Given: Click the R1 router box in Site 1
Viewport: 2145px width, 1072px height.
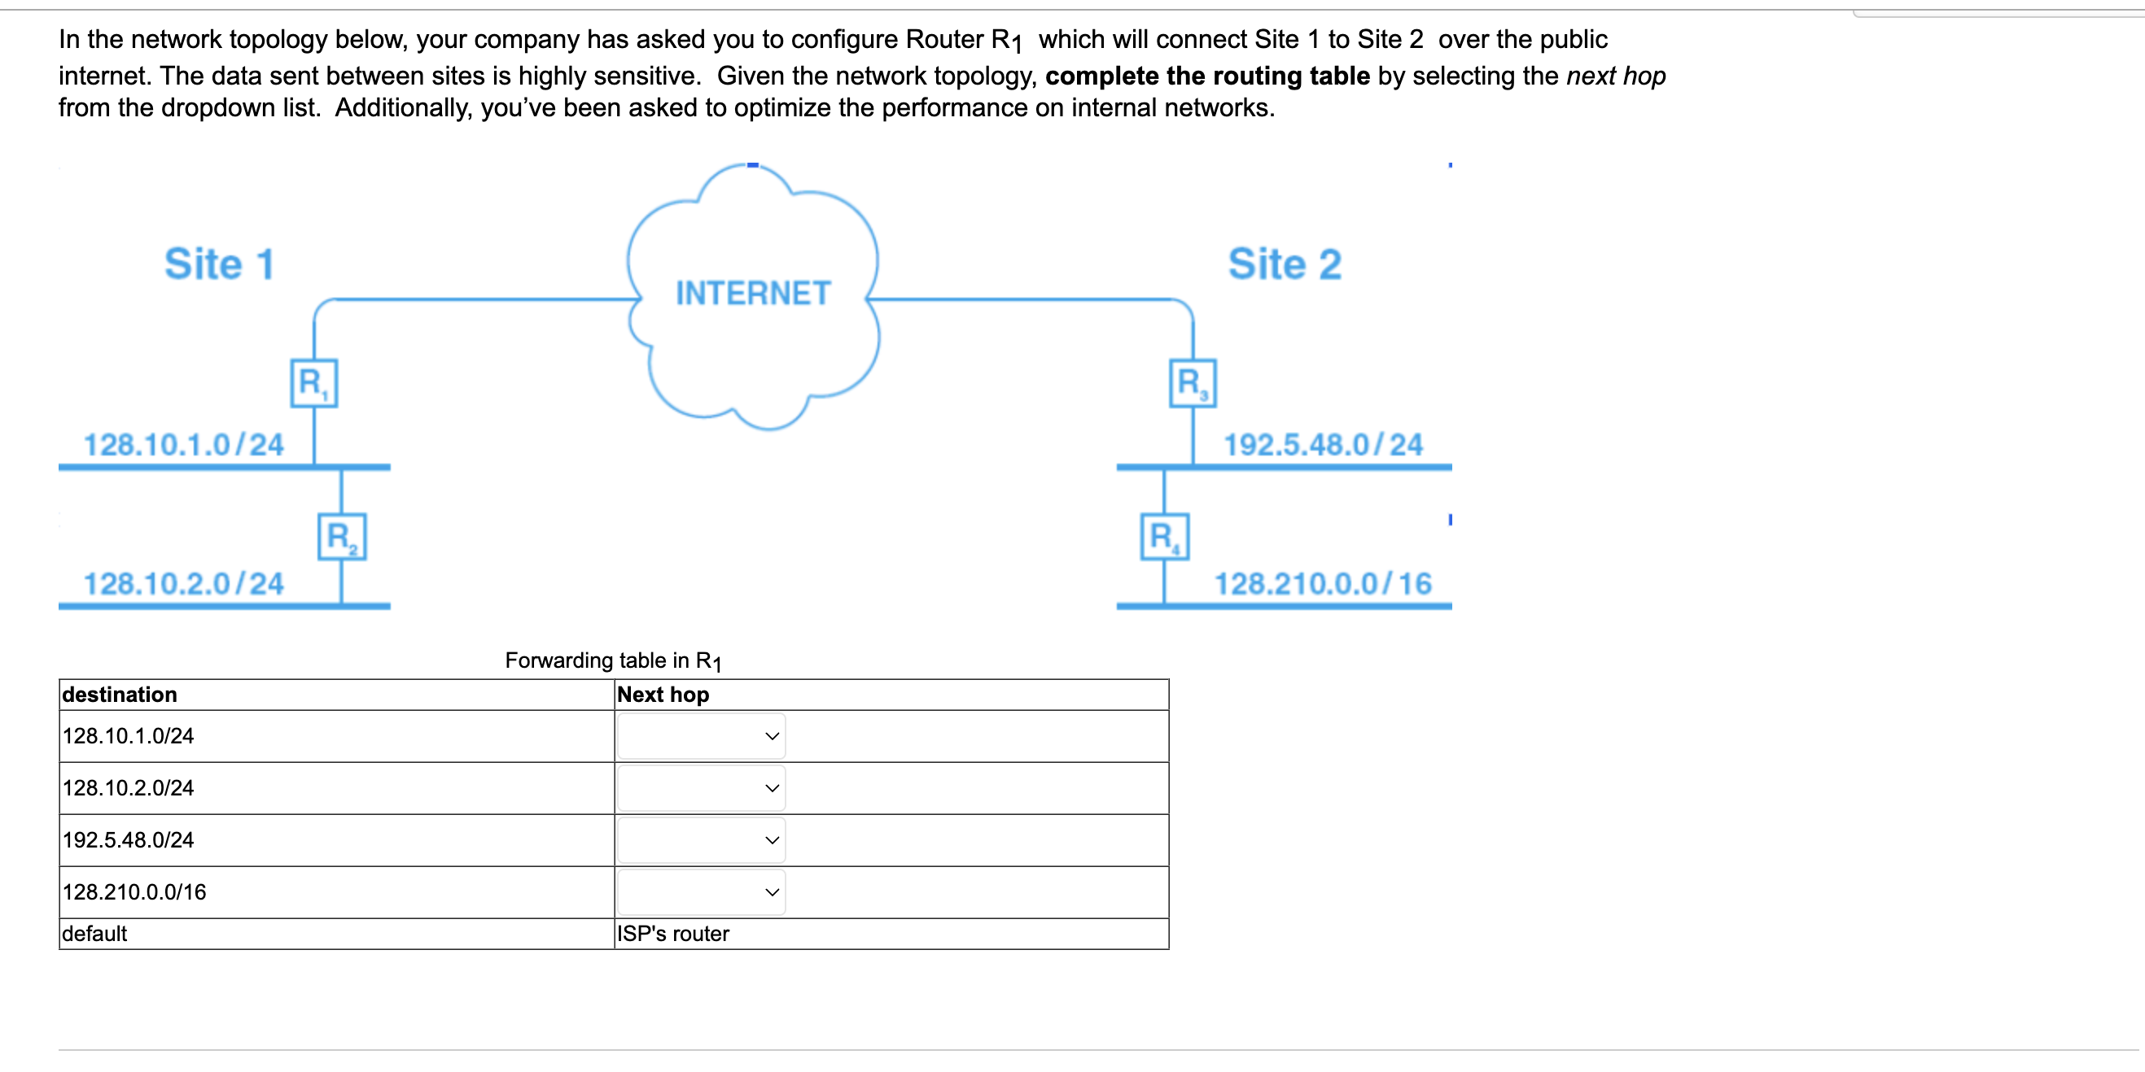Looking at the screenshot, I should [x=314, y=383].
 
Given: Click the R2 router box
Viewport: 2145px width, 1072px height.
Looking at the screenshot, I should [x=341, y=537].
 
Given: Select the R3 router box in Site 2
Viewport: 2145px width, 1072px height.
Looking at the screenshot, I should [x=1193, y=383].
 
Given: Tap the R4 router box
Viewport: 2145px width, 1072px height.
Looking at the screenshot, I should [x=1164, y=537].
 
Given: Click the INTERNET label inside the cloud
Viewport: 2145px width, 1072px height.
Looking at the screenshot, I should [x=753, y=293].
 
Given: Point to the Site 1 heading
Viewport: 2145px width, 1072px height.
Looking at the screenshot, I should [x=219, y=264].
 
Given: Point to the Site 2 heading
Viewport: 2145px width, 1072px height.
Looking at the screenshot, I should [x=1284, y=264].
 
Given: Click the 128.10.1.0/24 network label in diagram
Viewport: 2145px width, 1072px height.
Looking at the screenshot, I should [x=183, y=444].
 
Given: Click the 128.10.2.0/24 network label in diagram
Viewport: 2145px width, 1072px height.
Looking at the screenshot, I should [x=183, y=583].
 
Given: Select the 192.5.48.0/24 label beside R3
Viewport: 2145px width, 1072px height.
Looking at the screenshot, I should [x=1322, y=444].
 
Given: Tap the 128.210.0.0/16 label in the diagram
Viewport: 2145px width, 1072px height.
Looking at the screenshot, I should [x=1322, y=583].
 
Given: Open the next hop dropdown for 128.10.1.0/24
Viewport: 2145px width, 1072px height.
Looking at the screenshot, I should [x=700, y=736].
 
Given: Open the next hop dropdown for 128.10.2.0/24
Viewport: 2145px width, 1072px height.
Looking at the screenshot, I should [x=700, y=787].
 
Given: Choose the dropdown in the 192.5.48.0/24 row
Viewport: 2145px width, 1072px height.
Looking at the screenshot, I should [x=700, y=840].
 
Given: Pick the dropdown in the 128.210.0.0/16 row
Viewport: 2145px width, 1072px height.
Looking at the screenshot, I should [x=700, y=891].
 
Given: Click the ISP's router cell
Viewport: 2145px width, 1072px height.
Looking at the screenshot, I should [x=673, y=934].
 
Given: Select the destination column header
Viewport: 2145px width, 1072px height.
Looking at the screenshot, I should [x=119, y=694].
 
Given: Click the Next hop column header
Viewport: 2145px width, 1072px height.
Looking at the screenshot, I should [x=663, y=694].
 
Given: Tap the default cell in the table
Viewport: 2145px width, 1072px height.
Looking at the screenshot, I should [x=94, y=934].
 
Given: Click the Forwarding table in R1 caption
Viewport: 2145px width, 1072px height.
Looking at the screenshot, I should [x=613, y=660].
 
